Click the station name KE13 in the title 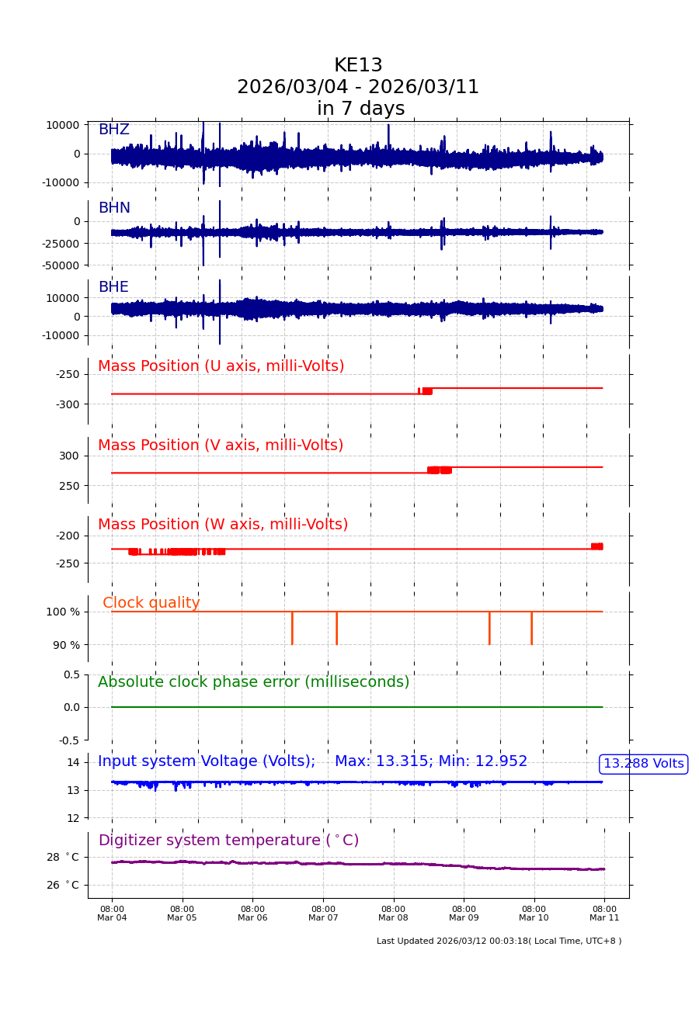click(358, 66)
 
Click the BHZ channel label click(113, 130)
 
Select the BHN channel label click(114, 208)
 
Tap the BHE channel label click(113, 287)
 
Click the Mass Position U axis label click(221, 366)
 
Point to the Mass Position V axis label click(221, 446)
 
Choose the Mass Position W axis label click(223, 525)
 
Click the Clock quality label click(151, 603)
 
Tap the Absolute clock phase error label click(253, 682)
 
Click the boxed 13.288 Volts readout click(643, 764)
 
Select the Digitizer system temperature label click(228, 841)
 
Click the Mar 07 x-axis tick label click(323, 914)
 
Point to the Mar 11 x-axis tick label click(604, 914)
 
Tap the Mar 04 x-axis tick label click(112, 914)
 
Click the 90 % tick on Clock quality click(66, 645)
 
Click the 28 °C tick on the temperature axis click(62, 857)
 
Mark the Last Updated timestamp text click(499, 941)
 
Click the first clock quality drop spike click(292, 628)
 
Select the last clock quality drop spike click(531, 628)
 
